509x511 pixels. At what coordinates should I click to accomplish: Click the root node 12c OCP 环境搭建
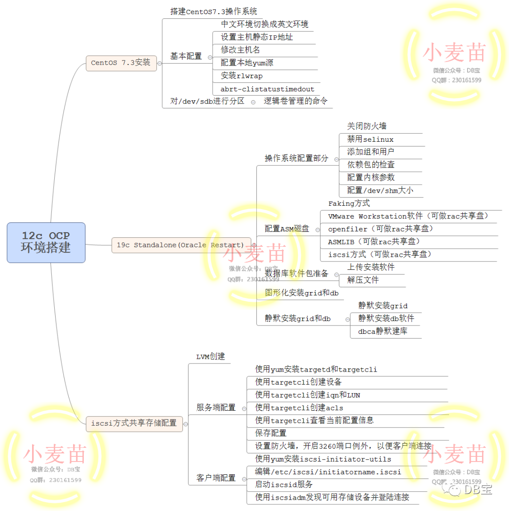coord(46,242)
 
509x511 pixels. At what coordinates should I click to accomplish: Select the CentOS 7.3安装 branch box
coord(121,63)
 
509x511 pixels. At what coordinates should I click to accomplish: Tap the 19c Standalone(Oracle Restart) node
coord(181,245)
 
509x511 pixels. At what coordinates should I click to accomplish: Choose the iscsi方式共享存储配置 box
coord(134,423)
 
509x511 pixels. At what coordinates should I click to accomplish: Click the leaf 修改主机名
coord(240,50)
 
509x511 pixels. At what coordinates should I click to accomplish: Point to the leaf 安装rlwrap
coord(242,76)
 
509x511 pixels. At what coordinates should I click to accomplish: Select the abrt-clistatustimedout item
coord(267,89)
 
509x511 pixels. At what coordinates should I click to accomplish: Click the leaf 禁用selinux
coord(370,139)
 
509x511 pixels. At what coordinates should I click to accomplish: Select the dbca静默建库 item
coord(383,331)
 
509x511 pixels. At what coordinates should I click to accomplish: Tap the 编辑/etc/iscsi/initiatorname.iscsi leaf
coord(328,471)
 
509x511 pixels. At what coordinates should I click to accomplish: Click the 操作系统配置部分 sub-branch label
coord(296,158)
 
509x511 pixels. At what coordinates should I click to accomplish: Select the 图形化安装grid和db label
coord(302,293)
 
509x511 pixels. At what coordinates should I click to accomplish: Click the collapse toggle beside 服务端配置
coord(244,408)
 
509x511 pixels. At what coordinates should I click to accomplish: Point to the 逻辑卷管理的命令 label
coord(296,101)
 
